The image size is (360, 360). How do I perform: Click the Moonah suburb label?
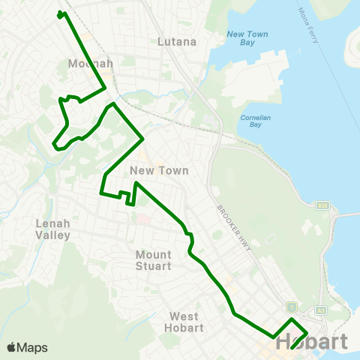(x=90, y=64)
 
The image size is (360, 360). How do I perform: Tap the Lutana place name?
(x=177, y=42)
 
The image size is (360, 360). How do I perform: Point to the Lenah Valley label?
(x=52, y=229)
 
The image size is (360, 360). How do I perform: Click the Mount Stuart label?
(x=154, y=259)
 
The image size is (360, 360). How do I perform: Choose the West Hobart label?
(x=184, y=322)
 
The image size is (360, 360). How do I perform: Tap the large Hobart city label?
(x=311, y=342)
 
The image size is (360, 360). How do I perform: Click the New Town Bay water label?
(x=246, y=39)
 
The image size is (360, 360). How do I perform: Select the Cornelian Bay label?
(x=259, y=122)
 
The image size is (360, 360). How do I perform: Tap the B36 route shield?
(x=323, y=204)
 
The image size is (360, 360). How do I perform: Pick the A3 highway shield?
(x=322, y=310)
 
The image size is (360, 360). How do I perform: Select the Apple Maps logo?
(x=27, y=347)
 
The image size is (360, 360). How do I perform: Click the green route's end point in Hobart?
(x=291, y=348)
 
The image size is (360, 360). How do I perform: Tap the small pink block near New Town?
(x=142, y=219)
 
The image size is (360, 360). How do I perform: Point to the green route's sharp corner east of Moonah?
(x=103, y=88)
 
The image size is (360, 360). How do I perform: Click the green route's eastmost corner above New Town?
(x=142, y=138)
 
